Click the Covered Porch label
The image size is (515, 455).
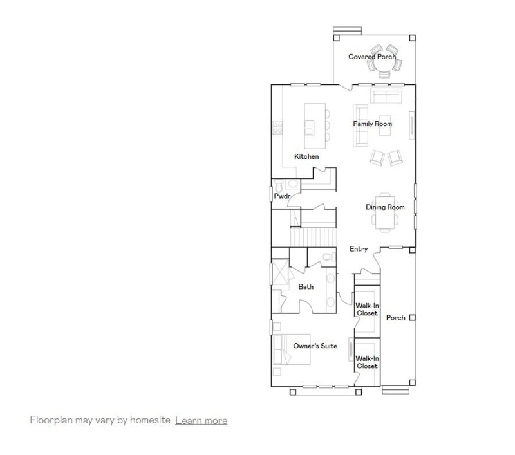pos(371,57)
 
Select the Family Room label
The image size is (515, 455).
pos(372,124)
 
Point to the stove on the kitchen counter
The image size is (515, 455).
pos(277,127)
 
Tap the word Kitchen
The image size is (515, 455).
pos(306,156)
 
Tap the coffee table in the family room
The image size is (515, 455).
pos(386,128)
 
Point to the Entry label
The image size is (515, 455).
pos(359,249)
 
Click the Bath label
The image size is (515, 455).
pos(306,287)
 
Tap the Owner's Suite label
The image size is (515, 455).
pos(315,346)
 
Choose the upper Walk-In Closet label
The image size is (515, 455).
pos(367,310)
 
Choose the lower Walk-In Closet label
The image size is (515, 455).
pos(367,362)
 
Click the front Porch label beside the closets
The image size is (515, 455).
pos(395,318)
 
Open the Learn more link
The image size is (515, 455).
pos(201,420)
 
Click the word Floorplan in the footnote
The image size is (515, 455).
pos(51,420)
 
